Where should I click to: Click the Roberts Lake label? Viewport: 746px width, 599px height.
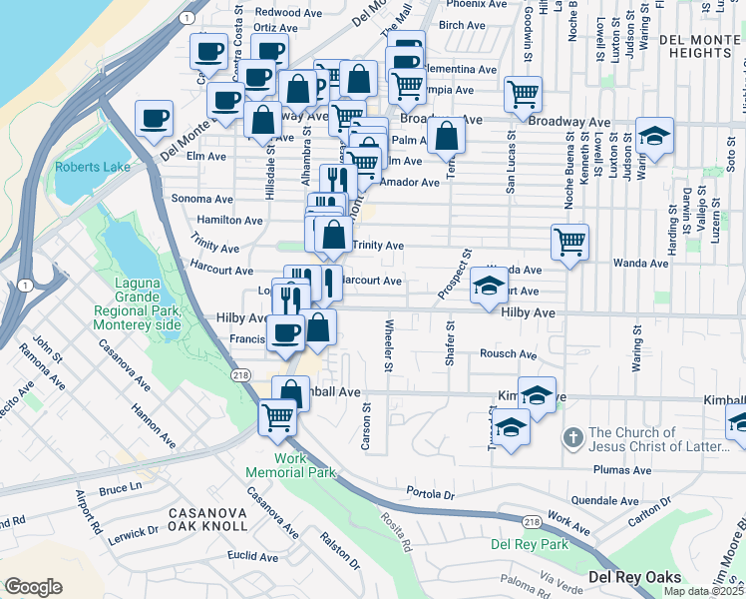tap(93, 167)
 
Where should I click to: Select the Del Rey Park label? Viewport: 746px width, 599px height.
tap(529, 544)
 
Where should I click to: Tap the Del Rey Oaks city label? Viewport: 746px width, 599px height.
tap(633, 577)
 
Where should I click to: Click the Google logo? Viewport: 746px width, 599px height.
tap(33, 587)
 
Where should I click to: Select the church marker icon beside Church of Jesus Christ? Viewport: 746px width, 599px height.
tap(572, 437)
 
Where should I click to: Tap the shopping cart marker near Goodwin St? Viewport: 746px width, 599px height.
tap(524, 94)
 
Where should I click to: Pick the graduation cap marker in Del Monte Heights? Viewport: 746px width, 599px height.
tap(655, 136)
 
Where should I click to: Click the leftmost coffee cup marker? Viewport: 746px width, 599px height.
tap(154, 118)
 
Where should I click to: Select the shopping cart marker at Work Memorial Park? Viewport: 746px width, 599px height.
tap(277, 417)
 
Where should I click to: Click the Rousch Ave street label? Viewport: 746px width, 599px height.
tap(508, 354)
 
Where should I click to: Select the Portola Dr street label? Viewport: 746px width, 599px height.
tap(431, 493)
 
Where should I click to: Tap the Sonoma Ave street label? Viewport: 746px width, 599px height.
tap(202, 200)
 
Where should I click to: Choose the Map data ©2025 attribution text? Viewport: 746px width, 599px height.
tap(704, 591)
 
